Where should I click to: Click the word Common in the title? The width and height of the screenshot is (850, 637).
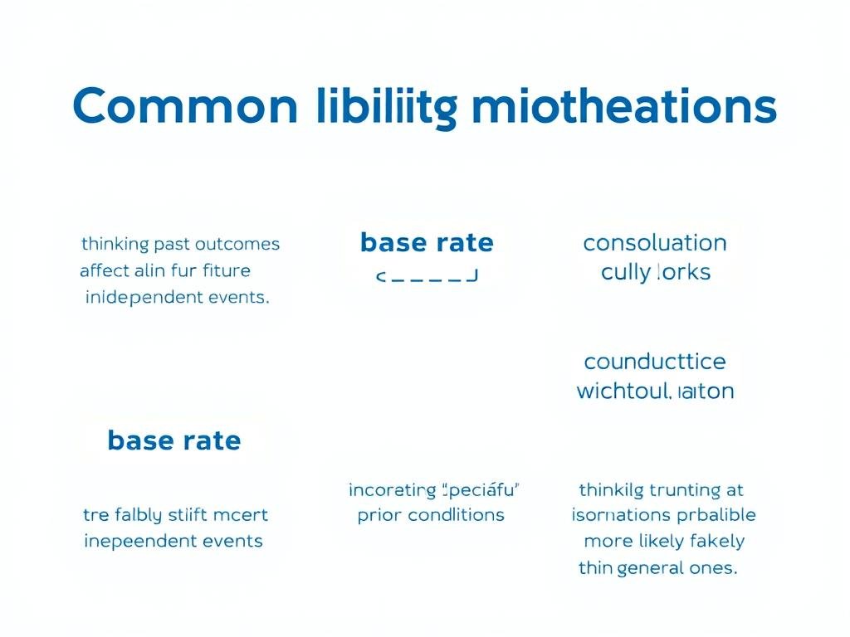(x=184, y=107)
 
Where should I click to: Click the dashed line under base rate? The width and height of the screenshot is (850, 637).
(x=427, y=276)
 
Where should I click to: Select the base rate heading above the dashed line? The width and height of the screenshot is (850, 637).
(x=427, y=243)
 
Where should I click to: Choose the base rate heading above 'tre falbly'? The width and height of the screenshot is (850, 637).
(x=174, y=440)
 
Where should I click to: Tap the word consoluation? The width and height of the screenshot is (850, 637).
(x=655, y=243)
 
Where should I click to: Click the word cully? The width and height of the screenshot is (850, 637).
(x=625, y=272)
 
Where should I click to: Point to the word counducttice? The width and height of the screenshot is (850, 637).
(x=655, y=362)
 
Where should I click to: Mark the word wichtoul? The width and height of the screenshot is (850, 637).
(x=623, y=391)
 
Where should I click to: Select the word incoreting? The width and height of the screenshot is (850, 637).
(x=393, y=489)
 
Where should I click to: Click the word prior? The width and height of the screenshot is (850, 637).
(x=379, y=515)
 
